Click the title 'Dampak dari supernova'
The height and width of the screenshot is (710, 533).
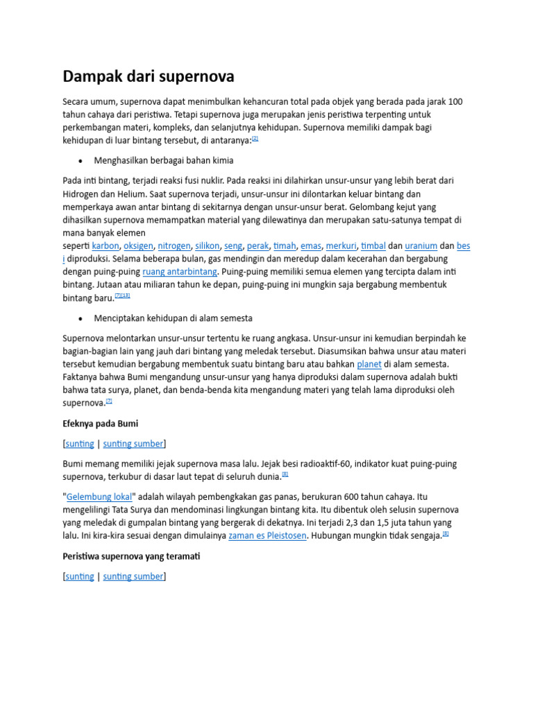point(149,76)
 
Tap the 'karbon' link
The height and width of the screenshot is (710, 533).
point(105,245)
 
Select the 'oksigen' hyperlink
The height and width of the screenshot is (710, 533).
point(138,245)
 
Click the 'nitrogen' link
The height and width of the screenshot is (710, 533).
point(174,245)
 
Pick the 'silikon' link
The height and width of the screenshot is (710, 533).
point(208,245)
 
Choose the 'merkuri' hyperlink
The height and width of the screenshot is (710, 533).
point(341,245)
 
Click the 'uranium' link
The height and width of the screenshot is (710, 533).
point(421,245)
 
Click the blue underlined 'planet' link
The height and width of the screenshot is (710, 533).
point(369,364)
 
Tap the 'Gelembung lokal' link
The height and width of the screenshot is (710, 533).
point(99,496)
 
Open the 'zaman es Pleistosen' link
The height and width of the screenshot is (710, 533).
point(267,536)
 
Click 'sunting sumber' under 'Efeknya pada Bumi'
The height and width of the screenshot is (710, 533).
point(133,444)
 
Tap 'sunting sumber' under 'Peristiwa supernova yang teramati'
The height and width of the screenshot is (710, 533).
point(133,576)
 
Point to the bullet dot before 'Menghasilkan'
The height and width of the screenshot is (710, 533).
point(81,161)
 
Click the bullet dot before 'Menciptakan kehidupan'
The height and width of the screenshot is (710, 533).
point(81,319)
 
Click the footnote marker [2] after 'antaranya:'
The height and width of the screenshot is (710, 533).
point(255,138)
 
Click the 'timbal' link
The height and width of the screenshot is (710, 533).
point(373,245)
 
